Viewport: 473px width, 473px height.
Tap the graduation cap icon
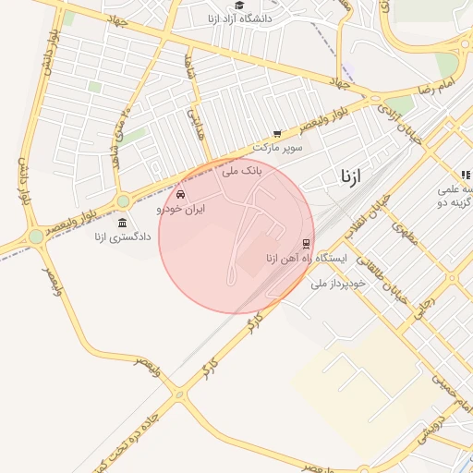(239, 6)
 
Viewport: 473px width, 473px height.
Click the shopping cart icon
(277, 134)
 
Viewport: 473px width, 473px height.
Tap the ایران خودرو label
(181, 210)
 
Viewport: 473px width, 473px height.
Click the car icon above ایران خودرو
(180, 196)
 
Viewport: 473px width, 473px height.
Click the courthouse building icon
(122, 222)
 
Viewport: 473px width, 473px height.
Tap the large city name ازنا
(352, 175)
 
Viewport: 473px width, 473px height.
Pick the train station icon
(306, 244)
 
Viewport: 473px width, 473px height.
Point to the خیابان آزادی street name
(394, 120)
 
